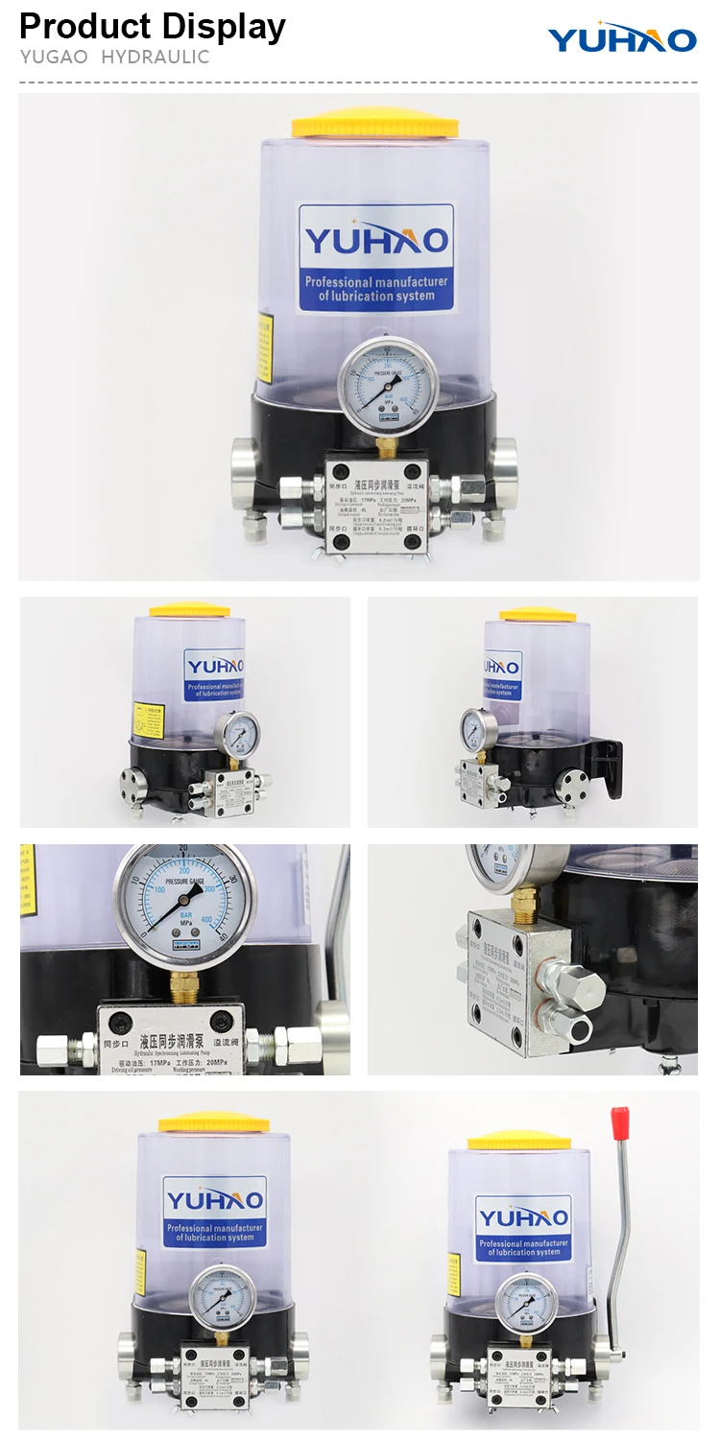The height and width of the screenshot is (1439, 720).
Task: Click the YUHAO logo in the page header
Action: point(622,38)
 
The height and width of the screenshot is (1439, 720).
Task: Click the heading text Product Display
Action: point(153,26)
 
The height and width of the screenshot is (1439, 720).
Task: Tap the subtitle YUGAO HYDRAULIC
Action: point(114,58)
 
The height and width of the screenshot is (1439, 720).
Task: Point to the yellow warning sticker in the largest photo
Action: point(264,346)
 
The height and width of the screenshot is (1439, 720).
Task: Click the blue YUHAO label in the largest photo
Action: point(375,257)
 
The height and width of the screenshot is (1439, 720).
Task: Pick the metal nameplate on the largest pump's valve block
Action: point(375,507)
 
